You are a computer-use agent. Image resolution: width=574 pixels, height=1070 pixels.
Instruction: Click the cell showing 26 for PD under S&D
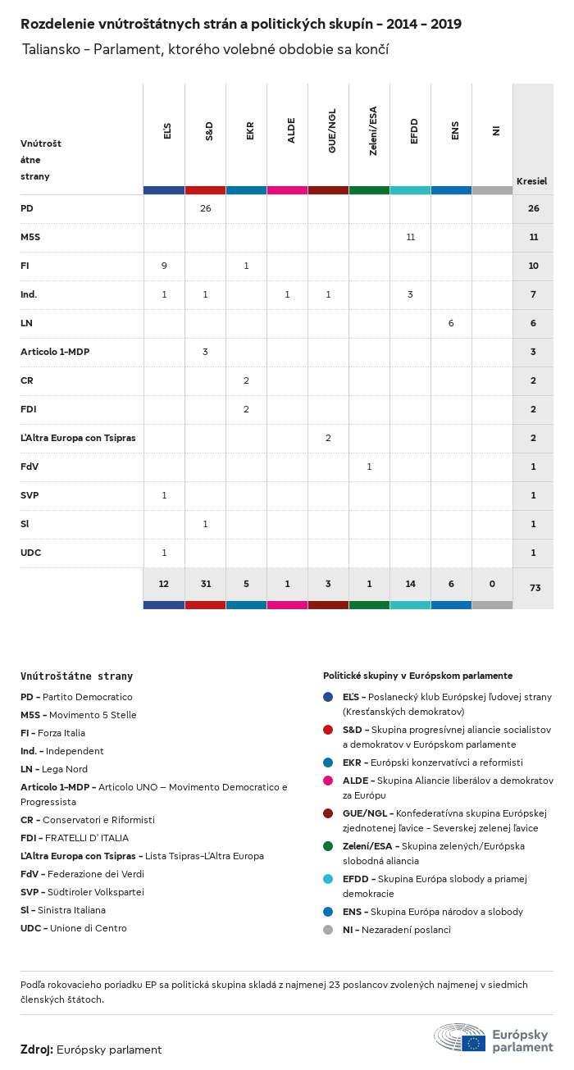pyautogui.click(x=205, y=208)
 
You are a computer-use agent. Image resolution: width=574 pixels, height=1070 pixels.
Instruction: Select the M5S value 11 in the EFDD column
pyautogui.click(x=410, y=237)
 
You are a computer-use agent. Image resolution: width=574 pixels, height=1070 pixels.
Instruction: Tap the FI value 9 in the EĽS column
pyautogui.click(x=164, y=266)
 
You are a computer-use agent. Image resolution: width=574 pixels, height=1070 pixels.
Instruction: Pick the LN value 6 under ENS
pyautogui.click(x=451, y=323)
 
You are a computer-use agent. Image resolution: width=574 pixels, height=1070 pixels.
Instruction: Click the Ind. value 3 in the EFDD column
pyautogui.click(x=410, y=294)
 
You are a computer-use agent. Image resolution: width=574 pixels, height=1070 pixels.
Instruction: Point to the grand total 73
pyautogui.click(x=533, y=589)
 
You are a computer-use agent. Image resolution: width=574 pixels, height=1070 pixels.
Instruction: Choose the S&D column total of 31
pyautogui.click(x=205, y=584)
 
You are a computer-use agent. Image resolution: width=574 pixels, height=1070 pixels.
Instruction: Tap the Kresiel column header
pyautogui.click(x=531, y=181)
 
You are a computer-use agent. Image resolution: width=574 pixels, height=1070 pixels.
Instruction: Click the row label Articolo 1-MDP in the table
pyautogui.click(x=55, y=352)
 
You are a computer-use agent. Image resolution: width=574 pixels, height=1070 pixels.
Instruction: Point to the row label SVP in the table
pyautogui.click(x=30, y=495)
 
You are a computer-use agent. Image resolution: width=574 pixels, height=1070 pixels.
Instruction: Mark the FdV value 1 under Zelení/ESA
pyautogui.click(x=369, y=467)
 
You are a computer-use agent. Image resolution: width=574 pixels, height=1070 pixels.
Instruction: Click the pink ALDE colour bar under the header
pyautogui.click(x=287, y=190)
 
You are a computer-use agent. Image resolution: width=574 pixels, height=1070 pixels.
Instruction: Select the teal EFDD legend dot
pyautogui.click(x=328, y=879)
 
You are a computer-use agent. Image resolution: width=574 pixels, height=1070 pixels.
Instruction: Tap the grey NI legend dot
pyautogui.click(x=328, y=930)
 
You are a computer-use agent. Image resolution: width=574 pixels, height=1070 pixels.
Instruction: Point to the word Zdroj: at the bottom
pyautogui.click(x=37, y=1050)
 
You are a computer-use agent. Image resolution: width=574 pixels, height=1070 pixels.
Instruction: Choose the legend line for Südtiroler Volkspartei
pyautogui.click(x=82, y=892)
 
